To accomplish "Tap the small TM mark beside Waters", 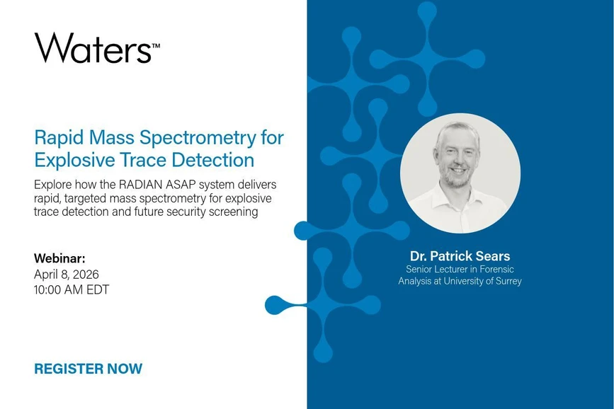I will tap(156, 45).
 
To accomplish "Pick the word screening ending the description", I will tap(230, 212).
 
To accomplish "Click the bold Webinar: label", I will tap(59, 258).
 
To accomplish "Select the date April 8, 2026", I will tap(67, 274).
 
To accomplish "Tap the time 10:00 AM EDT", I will tap(72, 289).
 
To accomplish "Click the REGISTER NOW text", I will tap(88, 369).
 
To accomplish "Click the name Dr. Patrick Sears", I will tap(460, 255).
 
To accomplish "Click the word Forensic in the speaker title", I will tap(494, 269).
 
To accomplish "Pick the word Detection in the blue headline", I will tap(215, 159).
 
